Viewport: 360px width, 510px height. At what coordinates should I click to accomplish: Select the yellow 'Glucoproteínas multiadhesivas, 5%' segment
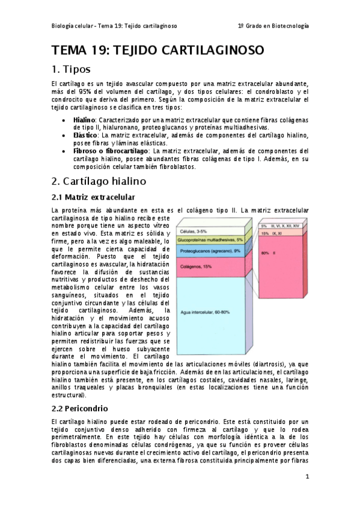pos(210,239)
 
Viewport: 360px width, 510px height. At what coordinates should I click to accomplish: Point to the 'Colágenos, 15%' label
pos(195,266)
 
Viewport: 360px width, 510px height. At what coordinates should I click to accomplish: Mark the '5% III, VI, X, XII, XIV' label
pos(282,225)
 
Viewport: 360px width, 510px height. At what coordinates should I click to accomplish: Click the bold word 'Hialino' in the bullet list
pos(84,120)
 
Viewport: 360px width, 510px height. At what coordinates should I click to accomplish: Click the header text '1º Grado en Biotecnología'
pos(273,26)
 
